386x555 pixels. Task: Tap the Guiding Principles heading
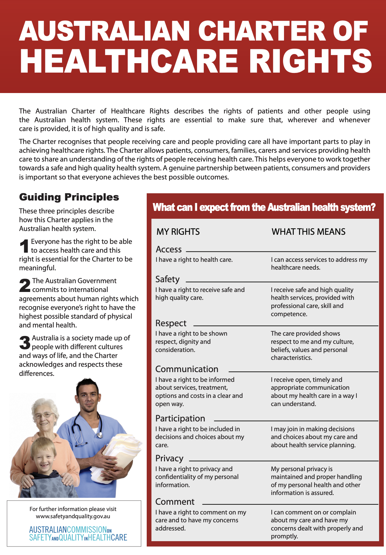pos(69,197)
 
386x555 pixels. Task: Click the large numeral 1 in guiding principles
pos(24,246)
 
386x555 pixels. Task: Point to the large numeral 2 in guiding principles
pos(25,285)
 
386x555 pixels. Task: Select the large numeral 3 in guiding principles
pos(25,343)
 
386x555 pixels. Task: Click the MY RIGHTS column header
pos(178,232)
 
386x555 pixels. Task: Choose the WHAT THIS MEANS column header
pos(308,232)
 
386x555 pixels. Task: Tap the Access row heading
pos(168,249)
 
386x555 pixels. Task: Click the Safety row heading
pos(167,279)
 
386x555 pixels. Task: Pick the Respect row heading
pos(171,323)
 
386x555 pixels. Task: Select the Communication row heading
pos(187,369)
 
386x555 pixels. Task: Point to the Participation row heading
pos(180,418)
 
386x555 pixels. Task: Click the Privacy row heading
pos(169,458)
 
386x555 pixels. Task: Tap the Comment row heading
pos(175,502)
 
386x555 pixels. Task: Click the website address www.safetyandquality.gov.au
pos(73,516)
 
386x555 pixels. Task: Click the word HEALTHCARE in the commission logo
pos(107,537)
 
